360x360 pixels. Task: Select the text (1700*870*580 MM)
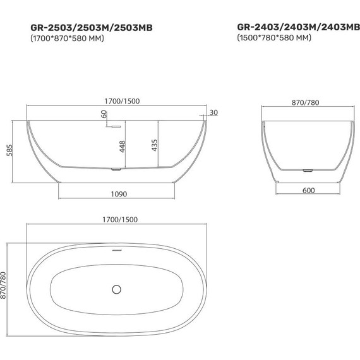(67, 39)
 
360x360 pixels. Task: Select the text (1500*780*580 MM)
(273, 39)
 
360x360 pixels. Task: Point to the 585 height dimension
(11, 150)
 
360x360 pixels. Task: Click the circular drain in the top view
(117, 289)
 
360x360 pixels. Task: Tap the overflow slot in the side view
(116, 126)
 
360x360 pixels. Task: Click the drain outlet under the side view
(116, 170)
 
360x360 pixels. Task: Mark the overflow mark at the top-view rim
(117, 248)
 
